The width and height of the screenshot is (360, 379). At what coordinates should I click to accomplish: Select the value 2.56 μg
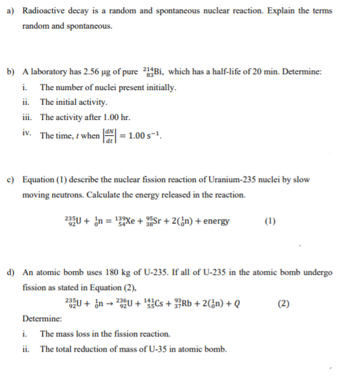pyautogui.click(x=111, y=71)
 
